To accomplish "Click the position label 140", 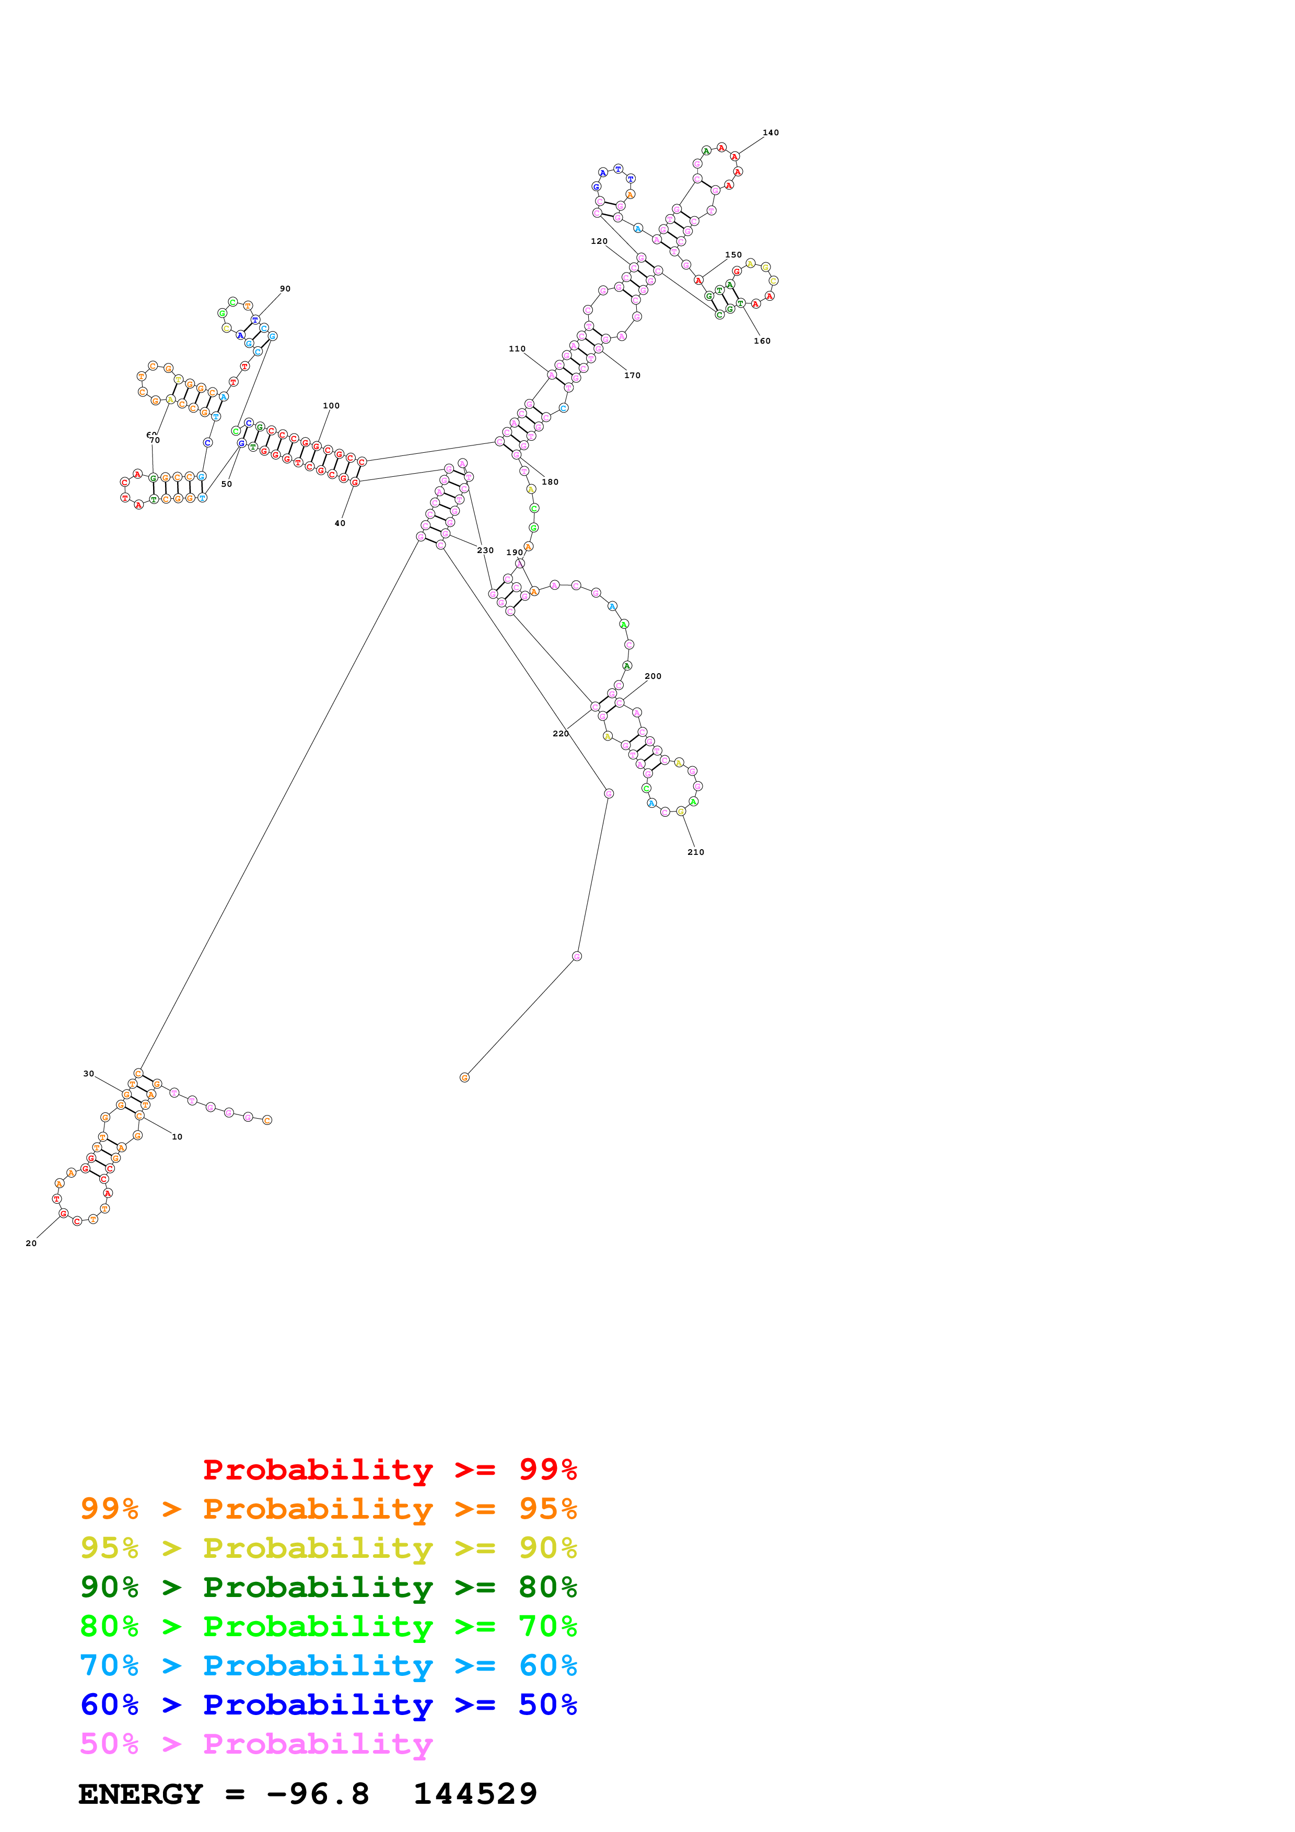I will click(x=770, y=133).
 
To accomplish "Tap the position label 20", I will click(x=31, y=1243).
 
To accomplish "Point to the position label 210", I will click(x=696, y=852).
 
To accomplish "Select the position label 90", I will click(x=285, y=289).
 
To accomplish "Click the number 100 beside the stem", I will click(x=331, y=405).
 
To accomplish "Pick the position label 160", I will click(x=762, y=340).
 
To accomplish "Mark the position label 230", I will click(x=485, y=550).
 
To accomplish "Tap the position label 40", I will click(x=340, y=523).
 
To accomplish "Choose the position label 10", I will click(x=177, y=1137).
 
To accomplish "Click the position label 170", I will click(x=632, y=375).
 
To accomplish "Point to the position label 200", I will click(x=652, y=676).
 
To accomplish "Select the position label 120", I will click(x=599, y=241).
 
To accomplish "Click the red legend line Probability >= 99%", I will click(x=389, y=1469).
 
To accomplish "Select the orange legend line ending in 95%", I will click(x=329, y=1509).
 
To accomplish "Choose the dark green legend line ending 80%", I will click(x=329, y=1587).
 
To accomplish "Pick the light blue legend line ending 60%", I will click(x=329, y=1665).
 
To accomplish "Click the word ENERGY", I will click(x=141, y=1794).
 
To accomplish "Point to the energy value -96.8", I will click(x=318, y=1794).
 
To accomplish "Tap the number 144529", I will click(x=475, y=1794).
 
